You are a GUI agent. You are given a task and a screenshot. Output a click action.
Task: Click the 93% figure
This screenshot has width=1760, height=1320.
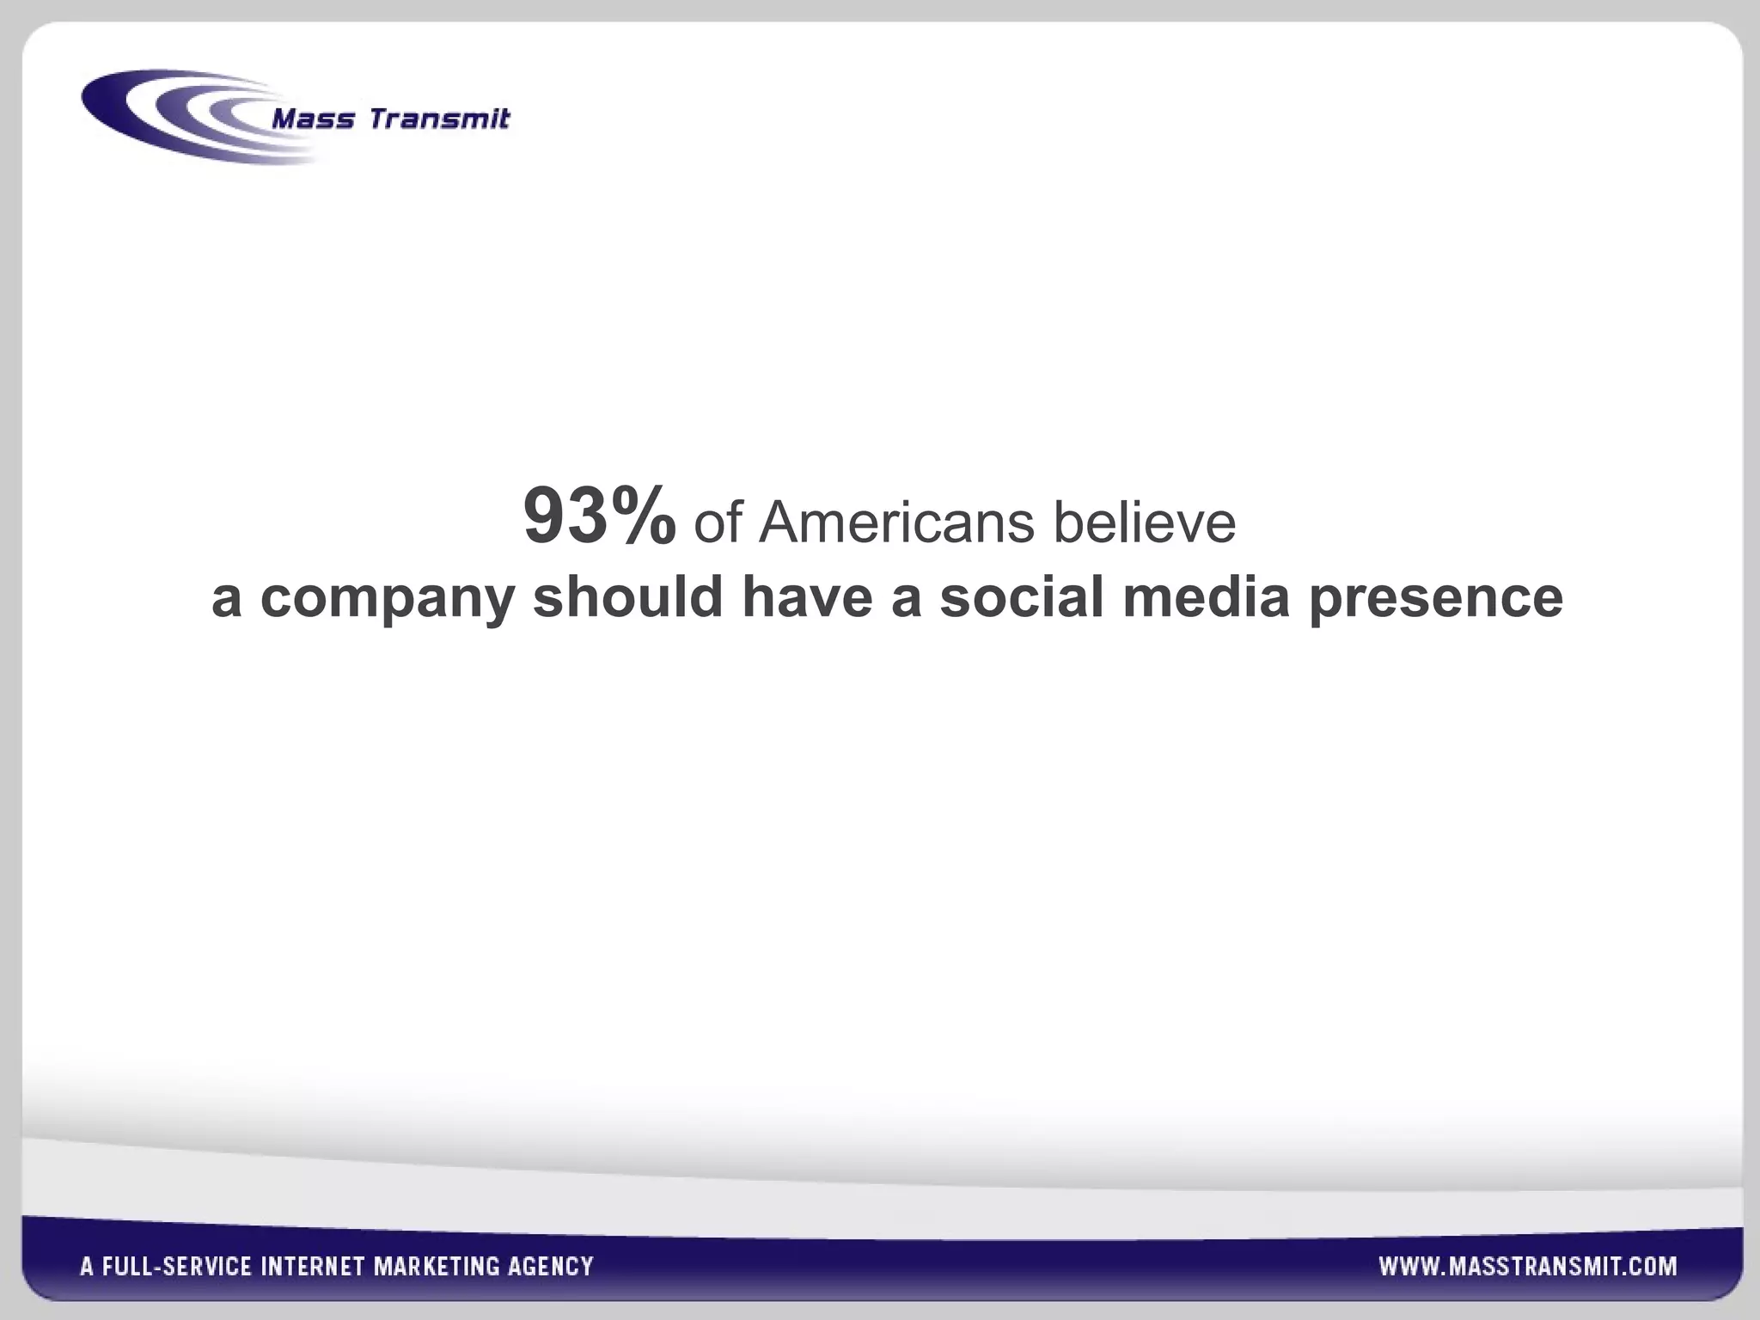point(599,516)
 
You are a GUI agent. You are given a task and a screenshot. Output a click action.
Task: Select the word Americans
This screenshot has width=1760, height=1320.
point(896,522)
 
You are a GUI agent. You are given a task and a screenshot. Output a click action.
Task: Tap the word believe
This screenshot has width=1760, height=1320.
point(1145,522)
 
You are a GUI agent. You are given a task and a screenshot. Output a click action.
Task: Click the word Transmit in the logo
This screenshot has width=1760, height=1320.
point(439,119)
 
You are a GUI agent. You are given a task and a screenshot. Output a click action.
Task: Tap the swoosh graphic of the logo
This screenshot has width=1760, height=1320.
point(172,116)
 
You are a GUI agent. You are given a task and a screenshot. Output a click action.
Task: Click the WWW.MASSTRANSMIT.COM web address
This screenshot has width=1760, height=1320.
point(1527,1266)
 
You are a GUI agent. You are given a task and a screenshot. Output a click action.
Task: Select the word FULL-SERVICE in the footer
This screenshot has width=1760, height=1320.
point(177,1267)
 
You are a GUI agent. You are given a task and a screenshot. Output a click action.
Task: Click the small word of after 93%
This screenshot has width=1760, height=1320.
point(718,522)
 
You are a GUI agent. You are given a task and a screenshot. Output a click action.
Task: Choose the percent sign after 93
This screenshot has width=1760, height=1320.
point(638,516)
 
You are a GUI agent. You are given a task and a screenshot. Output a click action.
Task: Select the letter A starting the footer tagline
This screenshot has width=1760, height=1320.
point(87,1267)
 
